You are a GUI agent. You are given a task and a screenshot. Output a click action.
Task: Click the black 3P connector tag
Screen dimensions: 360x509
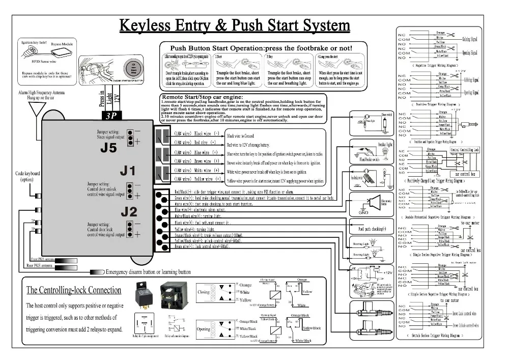[110, 116]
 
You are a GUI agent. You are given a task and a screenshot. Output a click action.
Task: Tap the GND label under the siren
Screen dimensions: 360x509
[363, 212]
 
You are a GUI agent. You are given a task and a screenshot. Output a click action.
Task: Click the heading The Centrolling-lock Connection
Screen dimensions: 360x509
[74, 290]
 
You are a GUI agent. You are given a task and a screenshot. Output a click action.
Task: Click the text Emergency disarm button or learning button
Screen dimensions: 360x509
[148, 272]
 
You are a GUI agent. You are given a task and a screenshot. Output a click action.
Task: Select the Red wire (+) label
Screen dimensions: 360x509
[197, 143]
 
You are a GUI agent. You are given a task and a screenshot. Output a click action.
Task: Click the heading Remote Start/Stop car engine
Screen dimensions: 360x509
[202, 97]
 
